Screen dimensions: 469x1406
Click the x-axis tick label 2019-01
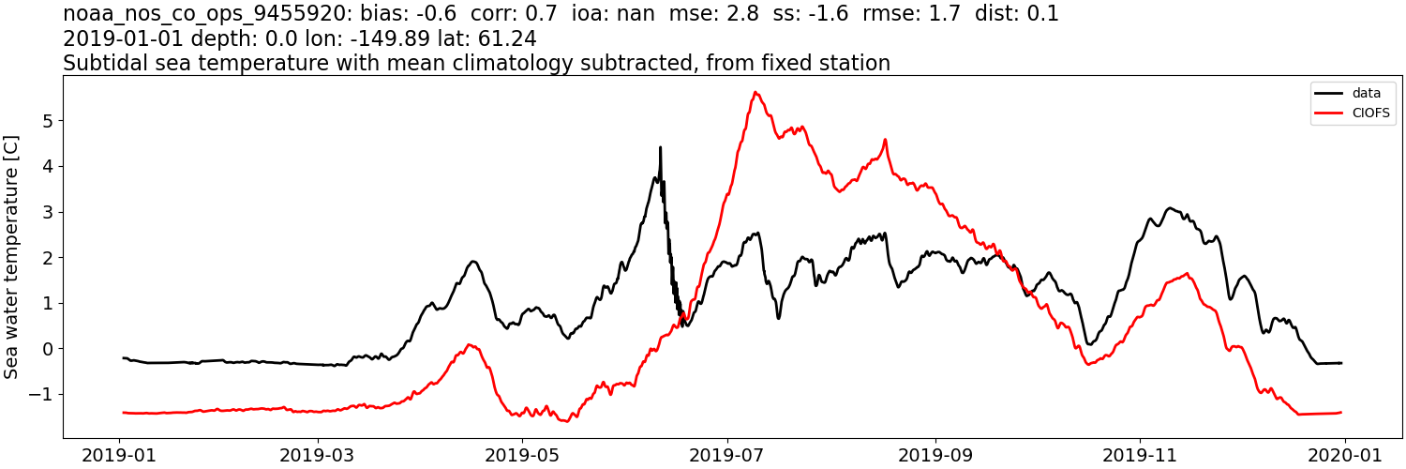click(119, 455)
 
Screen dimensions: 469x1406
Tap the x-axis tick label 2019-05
click(522, 455)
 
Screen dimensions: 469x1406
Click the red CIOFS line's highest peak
click(755, 92)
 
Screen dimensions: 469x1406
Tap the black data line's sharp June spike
click(660, 147)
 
